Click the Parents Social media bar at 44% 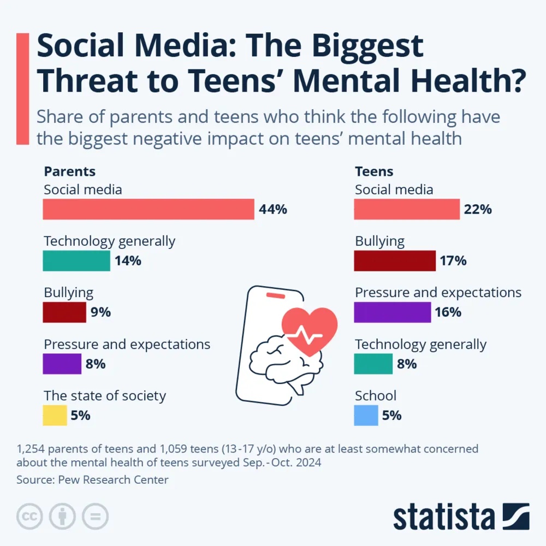point(149,209)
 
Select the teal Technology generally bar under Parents point(76,261)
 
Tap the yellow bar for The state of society point(55,416)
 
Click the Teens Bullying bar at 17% point(395,261)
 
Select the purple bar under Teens point(393,312)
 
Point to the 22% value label point(478,210)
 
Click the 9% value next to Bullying point(101,313)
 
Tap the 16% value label point(448,313)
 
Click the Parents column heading point(69,171)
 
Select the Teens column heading point(374,171)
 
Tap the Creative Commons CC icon point(30,516)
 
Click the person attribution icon point(62,516)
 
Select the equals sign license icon point(95,516)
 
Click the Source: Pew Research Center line point(92,480)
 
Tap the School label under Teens point(376,395)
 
